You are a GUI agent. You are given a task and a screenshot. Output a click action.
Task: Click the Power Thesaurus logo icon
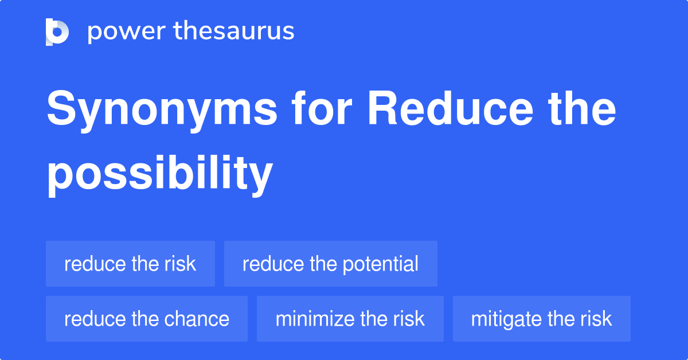[57, 32]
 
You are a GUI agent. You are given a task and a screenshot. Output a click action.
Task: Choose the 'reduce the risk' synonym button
[130, 264]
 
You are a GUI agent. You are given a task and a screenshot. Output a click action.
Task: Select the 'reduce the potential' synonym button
[330, 264]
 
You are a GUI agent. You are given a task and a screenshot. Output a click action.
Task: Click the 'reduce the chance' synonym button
[146, 319]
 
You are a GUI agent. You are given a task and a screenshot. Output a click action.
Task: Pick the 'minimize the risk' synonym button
[350, 319]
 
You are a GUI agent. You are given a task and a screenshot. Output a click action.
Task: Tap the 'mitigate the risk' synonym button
[541, 319]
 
